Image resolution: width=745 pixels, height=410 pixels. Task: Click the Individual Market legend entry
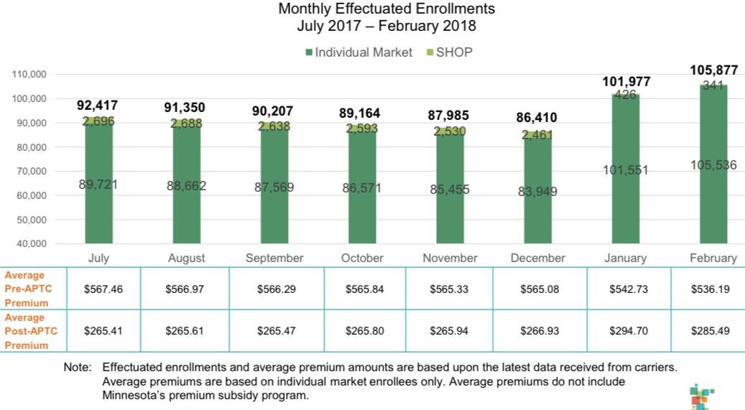(x=358, y=52)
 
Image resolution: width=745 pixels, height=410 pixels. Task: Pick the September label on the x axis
(x=274, y=258)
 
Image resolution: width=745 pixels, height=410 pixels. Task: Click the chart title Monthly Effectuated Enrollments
(x=387, y=9)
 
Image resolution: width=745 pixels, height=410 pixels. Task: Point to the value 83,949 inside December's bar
(x=537, y=192)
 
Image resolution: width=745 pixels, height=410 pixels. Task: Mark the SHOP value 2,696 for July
(x=98, y=121)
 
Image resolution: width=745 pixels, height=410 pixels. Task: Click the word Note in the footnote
(x=77, y=368)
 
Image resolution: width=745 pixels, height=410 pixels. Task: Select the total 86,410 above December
(x=537, y=117)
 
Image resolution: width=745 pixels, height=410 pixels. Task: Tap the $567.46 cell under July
(x=103, y=289)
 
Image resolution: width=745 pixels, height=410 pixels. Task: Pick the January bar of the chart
(x=625, y=172)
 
